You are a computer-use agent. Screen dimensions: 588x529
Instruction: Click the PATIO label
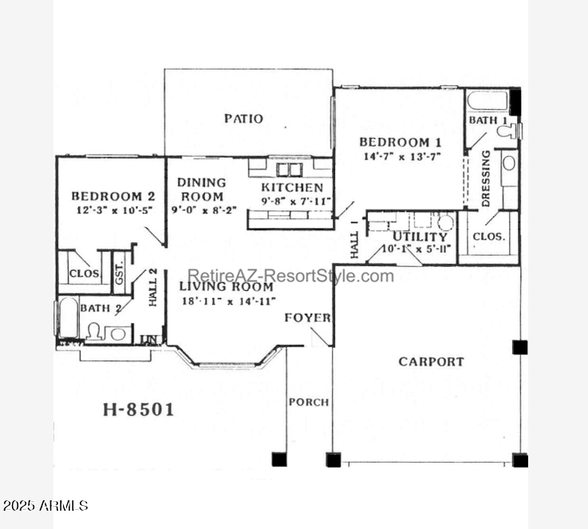tap(243, 119)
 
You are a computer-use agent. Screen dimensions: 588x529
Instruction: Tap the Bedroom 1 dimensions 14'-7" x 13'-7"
tap(402, 156)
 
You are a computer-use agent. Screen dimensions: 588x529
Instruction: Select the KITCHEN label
tap(292, 187)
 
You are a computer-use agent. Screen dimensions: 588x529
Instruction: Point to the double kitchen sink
tap(289, 170)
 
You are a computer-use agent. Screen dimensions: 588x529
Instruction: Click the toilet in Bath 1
tap(507, 131)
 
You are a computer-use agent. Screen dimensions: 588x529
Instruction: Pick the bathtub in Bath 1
tap(487, 100)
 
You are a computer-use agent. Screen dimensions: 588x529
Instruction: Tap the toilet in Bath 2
tap(94, 331)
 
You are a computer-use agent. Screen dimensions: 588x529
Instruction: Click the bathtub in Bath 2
tap(69, 317)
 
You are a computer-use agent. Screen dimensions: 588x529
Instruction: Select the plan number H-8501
tap(138, 409)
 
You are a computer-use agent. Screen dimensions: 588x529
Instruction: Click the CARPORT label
tap(432, 362)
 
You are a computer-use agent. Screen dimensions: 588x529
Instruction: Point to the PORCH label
tap(309, 402)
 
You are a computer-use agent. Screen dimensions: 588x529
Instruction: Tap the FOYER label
tap(307, 318)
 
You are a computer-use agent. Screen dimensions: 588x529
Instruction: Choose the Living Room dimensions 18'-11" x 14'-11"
tap(229, 301)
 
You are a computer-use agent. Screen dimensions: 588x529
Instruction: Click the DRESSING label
tap(486, 178)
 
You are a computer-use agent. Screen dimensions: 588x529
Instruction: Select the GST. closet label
tap(119, 273)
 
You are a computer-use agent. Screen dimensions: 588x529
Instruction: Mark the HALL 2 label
tap(152, 288)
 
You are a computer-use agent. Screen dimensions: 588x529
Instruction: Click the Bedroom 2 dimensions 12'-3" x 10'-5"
tap(114, 210)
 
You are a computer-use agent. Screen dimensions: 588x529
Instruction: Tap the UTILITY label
tap(420, 237)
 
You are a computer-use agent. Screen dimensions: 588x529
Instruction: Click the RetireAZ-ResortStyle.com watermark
tap(290, 276)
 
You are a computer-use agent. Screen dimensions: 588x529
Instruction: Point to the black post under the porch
tap(279, 459)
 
